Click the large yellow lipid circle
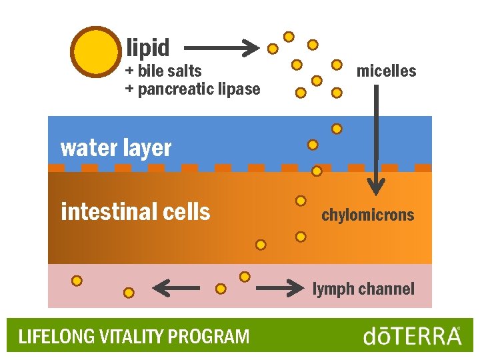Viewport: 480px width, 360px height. (x=95, y=52)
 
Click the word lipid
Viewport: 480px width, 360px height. (x=148, y=48)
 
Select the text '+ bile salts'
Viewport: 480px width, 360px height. (x=163, y=71)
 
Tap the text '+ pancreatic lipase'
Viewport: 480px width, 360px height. (x=193, y=89)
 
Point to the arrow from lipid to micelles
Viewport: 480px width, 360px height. (x=220, y=48)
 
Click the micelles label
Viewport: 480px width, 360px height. (x=386, y=71)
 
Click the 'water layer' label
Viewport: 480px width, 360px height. (x=116, y=148)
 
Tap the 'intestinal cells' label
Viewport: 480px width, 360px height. (x=135, y=212)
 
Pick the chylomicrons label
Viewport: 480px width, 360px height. (x=367, y=215)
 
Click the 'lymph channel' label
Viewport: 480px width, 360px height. (x=363, y=289)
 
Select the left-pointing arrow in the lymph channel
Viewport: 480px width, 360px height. (x=176, y=289)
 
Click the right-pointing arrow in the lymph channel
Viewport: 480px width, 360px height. (x=280, y=289)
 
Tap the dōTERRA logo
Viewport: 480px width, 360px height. (x=412, y=335)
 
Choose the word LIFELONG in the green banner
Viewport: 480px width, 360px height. (x=47, y=337)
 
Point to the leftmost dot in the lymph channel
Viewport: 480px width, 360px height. (x=77, y=281)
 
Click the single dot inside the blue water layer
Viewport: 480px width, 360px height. (x=312, y=145)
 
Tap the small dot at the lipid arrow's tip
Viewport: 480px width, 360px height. (x=273, y=49)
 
